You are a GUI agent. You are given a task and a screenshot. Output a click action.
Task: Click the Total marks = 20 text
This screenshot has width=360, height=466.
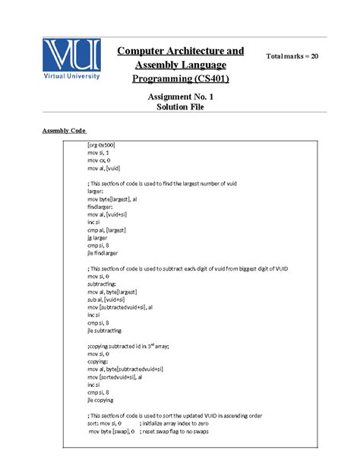(x=292, y=57)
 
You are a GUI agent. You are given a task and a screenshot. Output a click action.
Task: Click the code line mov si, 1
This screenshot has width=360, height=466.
(x=99, y=153)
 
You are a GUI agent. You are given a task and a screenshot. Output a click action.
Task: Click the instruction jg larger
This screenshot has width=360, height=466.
(x=99, y=237)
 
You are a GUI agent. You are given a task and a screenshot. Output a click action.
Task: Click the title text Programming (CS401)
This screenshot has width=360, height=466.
(x=180, y=78)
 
